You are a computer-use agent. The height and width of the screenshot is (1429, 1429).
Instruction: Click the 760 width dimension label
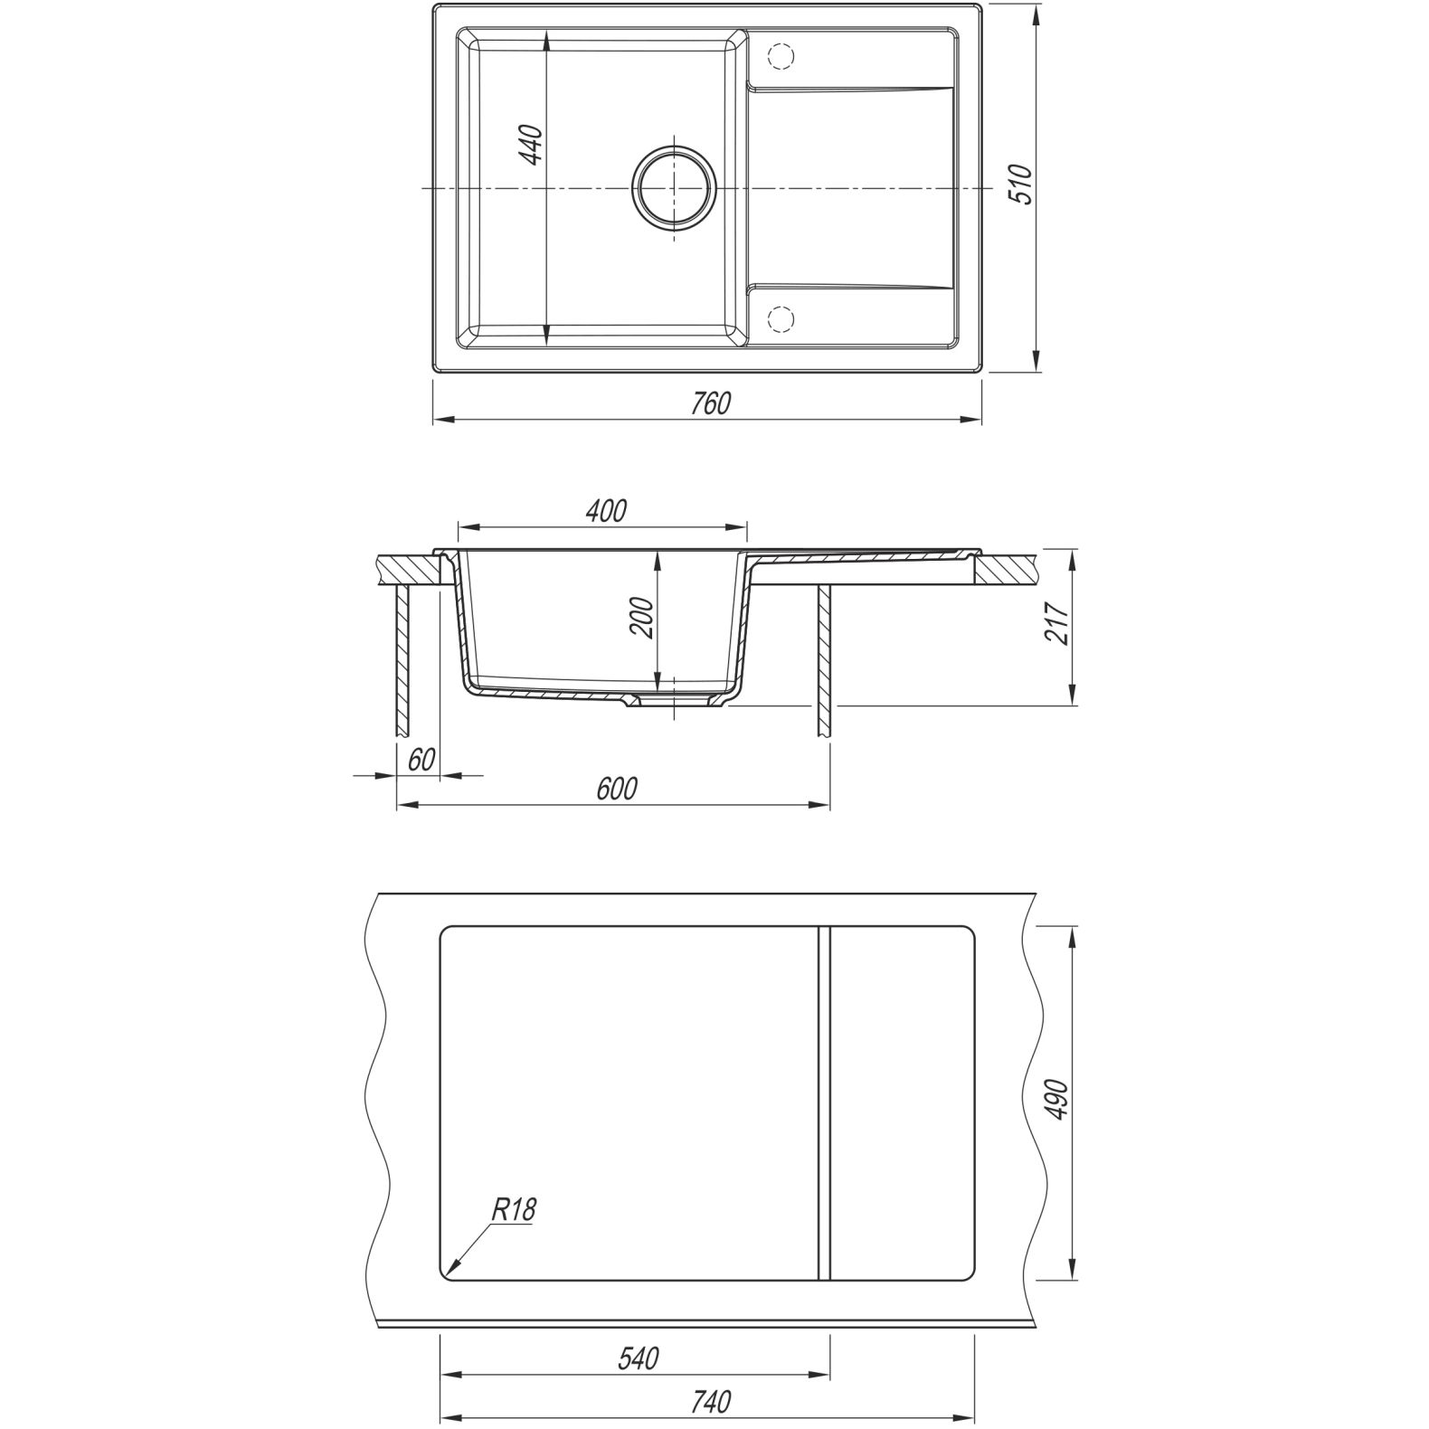711,403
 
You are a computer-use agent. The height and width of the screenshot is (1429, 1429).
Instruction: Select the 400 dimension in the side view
607,511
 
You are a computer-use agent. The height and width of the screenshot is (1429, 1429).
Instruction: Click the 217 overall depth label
1058,623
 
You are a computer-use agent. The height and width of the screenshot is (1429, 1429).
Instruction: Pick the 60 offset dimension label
421,760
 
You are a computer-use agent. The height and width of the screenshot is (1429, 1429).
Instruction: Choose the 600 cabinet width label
617,789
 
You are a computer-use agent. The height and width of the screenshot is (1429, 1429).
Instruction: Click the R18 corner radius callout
514,1210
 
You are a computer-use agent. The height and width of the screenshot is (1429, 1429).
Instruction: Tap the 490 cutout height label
1059,1099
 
